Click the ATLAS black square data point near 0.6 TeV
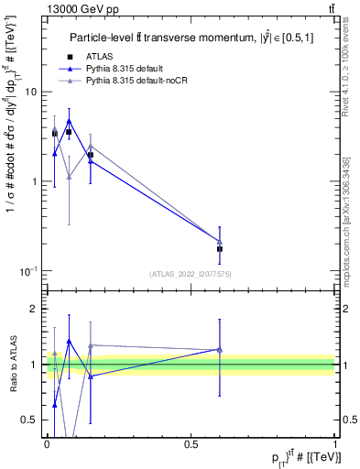[x=220, y=249]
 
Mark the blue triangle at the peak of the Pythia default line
[x=69, y=120]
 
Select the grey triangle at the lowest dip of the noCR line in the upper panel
[x=69, y=177]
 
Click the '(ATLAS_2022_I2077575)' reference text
[x=190, y=273]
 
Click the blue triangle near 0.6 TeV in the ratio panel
[x=220, y=349]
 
